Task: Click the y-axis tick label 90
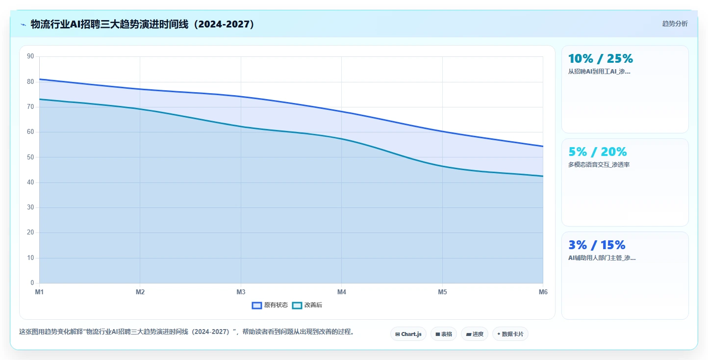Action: point(30,56)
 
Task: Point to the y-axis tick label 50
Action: point(30,157)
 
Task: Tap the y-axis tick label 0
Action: point(32,283)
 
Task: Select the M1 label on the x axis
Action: point(39,292)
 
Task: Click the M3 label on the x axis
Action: point(241,292)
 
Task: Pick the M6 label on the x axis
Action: point(543,292)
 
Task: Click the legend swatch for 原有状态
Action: point(256,306)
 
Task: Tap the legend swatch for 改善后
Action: point(297,306)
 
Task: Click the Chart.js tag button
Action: point(408,334)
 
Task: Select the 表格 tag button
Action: point(443,334)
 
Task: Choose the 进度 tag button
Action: point(475,334)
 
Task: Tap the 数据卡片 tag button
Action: point(510,334)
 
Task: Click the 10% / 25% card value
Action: point(601,58)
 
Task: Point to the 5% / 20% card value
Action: point(597,152)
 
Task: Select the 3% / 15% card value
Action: point(597,245)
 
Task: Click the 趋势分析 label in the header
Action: point(675,24)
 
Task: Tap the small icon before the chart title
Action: point(24,25)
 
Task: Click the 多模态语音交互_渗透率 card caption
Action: point(599,165)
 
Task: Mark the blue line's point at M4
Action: point(341,111)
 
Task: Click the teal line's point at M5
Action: point(442,166)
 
